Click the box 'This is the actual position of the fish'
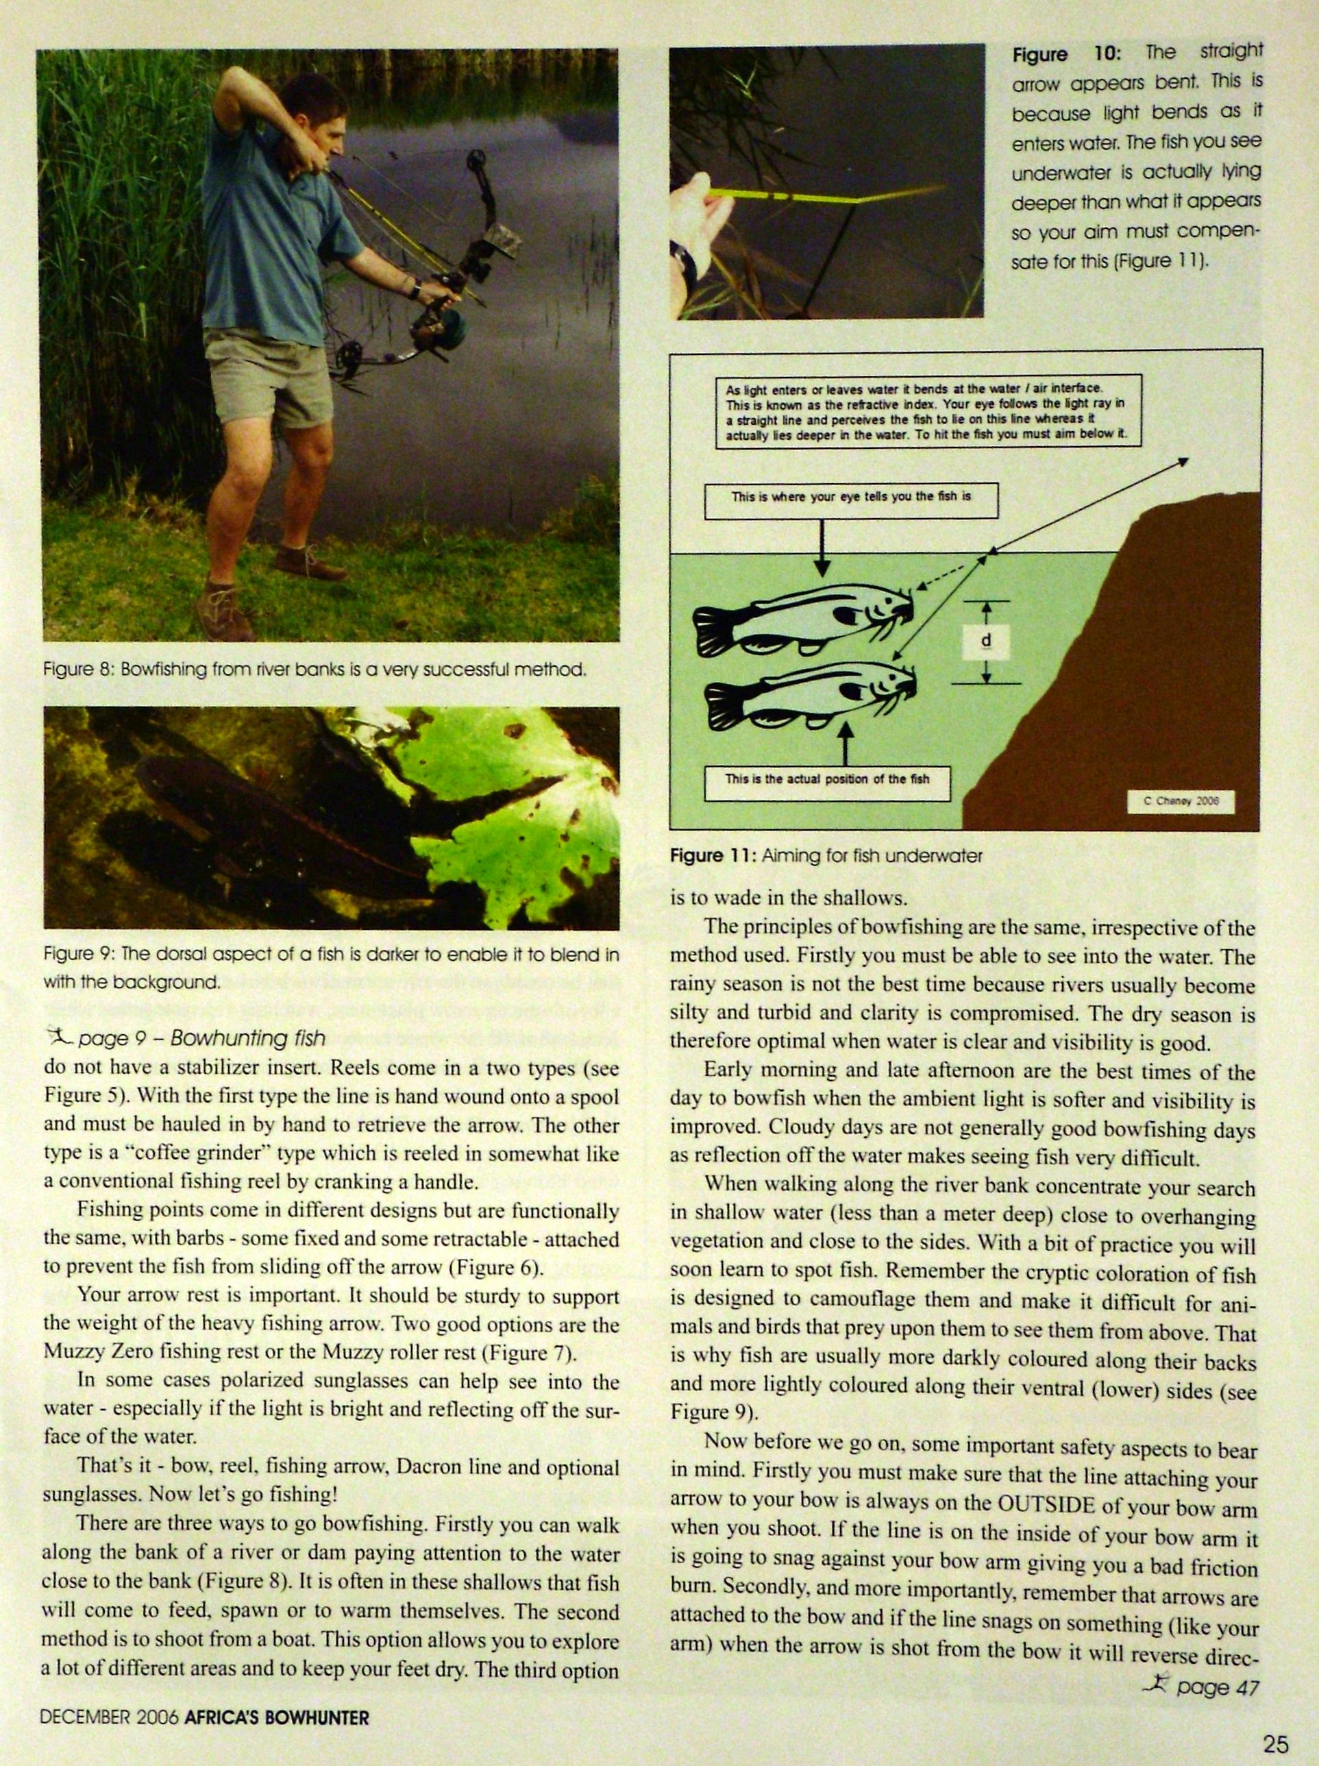tap(827, 780)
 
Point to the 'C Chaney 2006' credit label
tap(1181, 802)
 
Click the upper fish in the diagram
tap(806, 615)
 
